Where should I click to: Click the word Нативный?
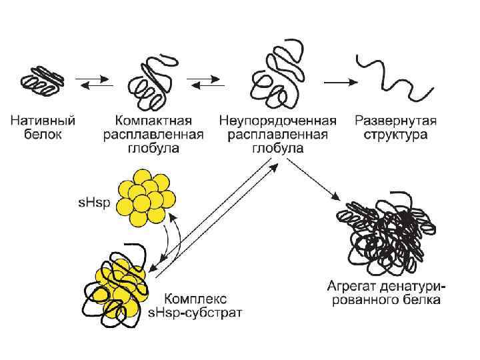42,121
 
